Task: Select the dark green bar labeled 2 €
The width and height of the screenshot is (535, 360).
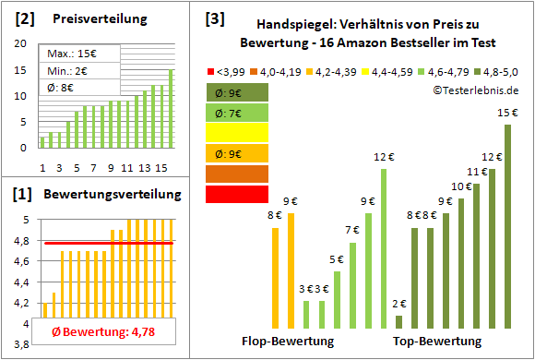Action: pos(398,321)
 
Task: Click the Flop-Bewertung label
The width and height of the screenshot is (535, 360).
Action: pos(288,342)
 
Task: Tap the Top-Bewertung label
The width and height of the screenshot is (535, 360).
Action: pos(437,342)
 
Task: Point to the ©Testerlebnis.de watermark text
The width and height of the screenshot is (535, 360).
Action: pos(474,90)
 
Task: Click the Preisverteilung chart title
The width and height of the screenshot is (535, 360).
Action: pos(90,18)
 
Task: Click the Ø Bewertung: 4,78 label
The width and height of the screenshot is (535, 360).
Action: pos(101,333)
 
